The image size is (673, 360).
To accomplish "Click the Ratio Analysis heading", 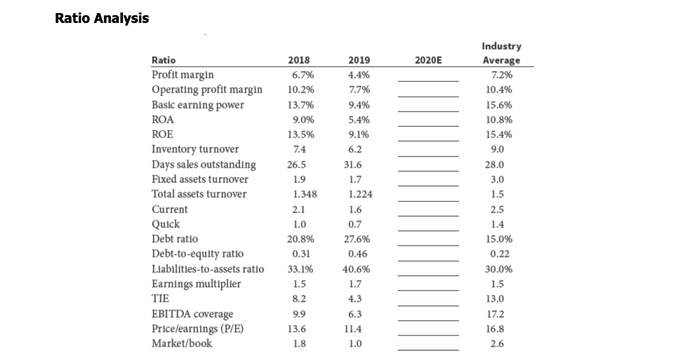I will [102, 18].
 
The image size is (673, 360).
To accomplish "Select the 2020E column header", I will [429, 60].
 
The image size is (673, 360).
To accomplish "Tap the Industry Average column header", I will [501, 53].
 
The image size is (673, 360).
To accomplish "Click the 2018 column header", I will [300, 60].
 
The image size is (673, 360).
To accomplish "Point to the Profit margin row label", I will [183, 74].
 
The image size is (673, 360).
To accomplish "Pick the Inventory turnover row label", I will [195, 149].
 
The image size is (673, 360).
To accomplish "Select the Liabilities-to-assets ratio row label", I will [208, 269].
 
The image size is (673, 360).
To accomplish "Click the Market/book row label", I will [182, 344].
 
